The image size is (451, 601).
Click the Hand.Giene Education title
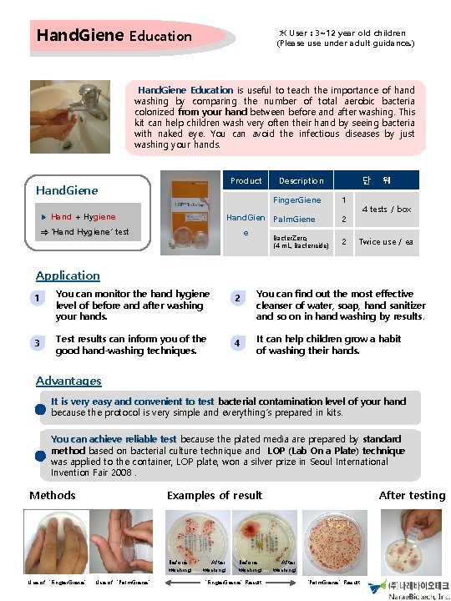pos(114,36)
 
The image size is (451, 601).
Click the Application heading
pos(68,275)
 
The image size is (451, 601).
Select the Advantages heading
pos(68,381)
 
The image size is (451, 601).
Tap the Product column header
pos(246,180)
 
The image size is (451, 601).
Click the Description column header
pos(301,180)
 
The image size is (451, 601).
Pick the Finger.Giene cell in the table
pos(296,200)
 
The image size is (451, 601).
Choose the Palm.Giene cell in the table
pos(294,220)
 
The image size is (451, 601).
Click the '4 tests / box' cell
pos(391,210)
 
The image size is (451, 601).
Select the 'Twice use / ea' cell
pos(387,242)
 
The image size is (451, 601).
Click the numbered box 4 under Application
pos(238,344)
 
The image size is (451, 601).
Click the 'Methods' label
pos(53,495)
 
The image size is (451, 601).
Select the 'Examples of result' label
pos(215,495)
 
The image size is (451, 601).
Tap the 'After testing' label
pos(412,495)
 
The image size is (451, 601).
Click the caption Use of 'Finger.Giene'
pos(56,581)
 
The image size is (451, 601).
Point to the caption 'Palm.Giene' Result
pos(335,581)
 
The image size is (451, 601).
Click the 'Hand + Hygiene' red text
pos(83,216)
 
